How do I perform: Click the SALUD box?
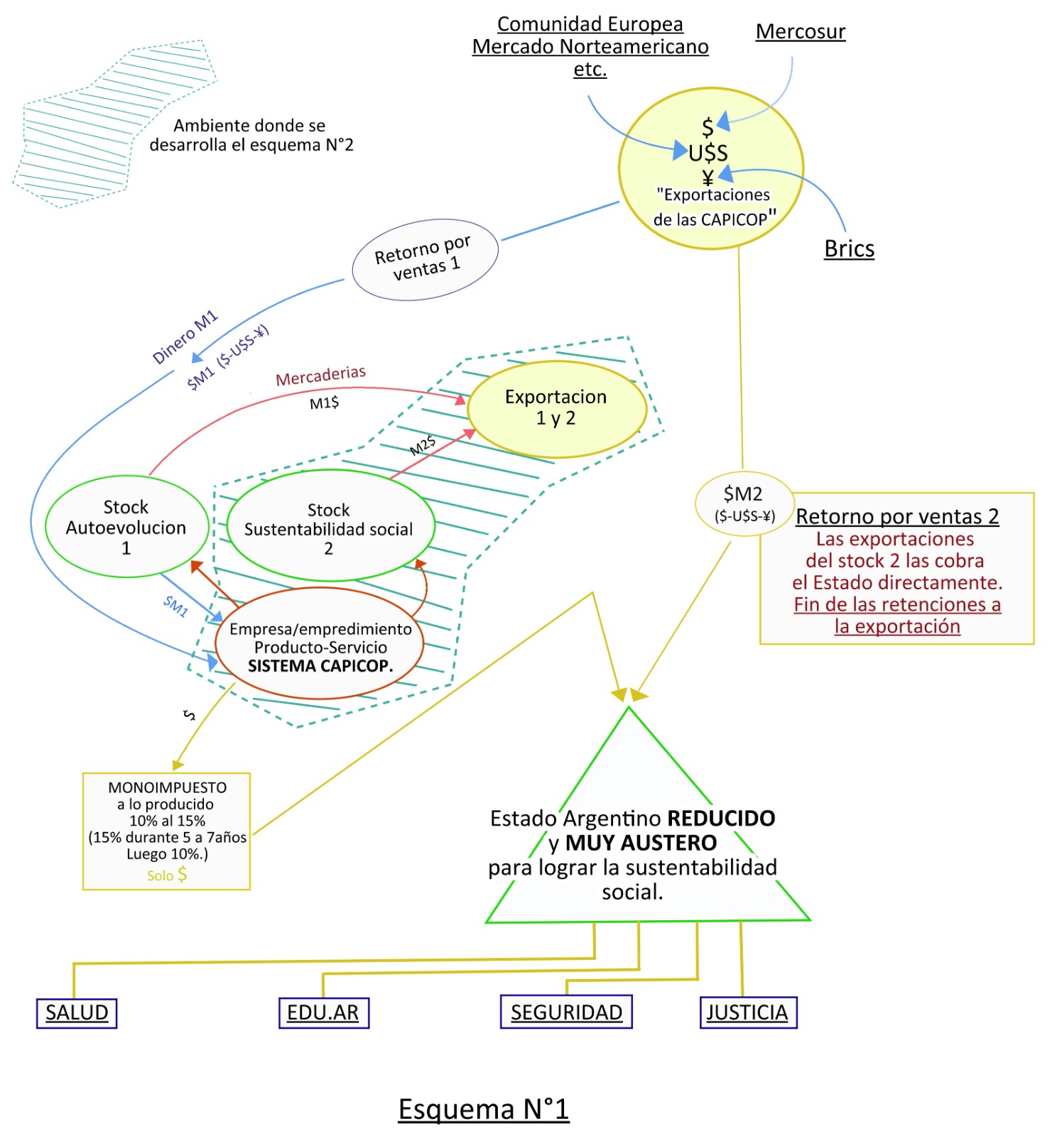[77, 1012]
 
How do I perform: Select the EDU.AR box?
[323, 1012]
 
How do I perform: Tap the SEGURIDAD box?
[566, 1012]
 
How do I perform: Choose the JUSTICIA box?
[747, 1012]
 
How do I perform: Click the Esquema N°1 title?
[483, 1109]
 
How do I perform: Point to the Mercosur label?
[801, 32]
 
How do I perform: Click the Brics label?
[849, 248]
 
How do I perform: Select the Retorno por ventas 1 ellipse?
[425, 259]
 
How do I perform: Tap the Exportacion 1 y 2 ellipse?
[556, 408]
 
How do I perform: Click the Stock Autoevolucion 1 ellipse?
[126, 527]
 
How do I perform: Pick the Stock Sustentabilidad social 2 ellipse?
[330, 528]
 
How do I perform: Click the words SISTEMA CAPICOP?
[320, 666]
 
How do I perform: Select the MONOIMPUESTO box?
[167, 830]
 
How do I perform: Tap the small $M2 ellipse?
[744, 503]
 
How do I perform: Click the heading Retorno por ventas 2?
[897, 516]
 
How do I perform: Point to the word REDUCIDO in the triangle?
[721, 818]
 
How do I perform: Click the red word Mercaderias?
[320, 376]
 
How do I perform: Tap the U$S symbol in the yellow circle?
[708, 153]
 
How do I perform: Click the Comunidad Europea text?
[590, 24]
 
